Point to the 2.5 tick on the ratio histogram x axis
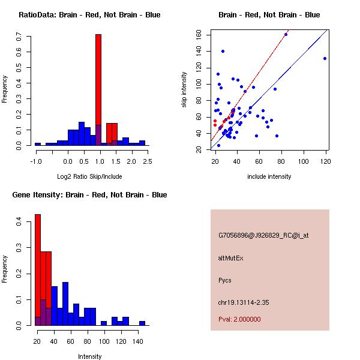[148, 161]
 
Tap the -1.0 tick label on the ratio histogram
[35, 161]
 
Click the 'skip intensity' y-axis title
[185, 90]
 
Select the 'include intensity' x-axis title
[269, 176]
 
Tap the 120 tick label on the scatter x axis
[325, 161]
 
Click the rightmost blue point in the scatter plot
[325, 58]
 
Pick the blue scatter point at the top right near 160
[286, 34]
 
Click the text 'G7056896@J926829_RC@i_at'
[263, 236]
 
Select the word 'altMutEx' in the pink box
[231, 258]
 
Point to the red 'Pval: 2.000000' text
[240, 319]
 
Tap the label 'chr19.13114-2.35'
[244, 302]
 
